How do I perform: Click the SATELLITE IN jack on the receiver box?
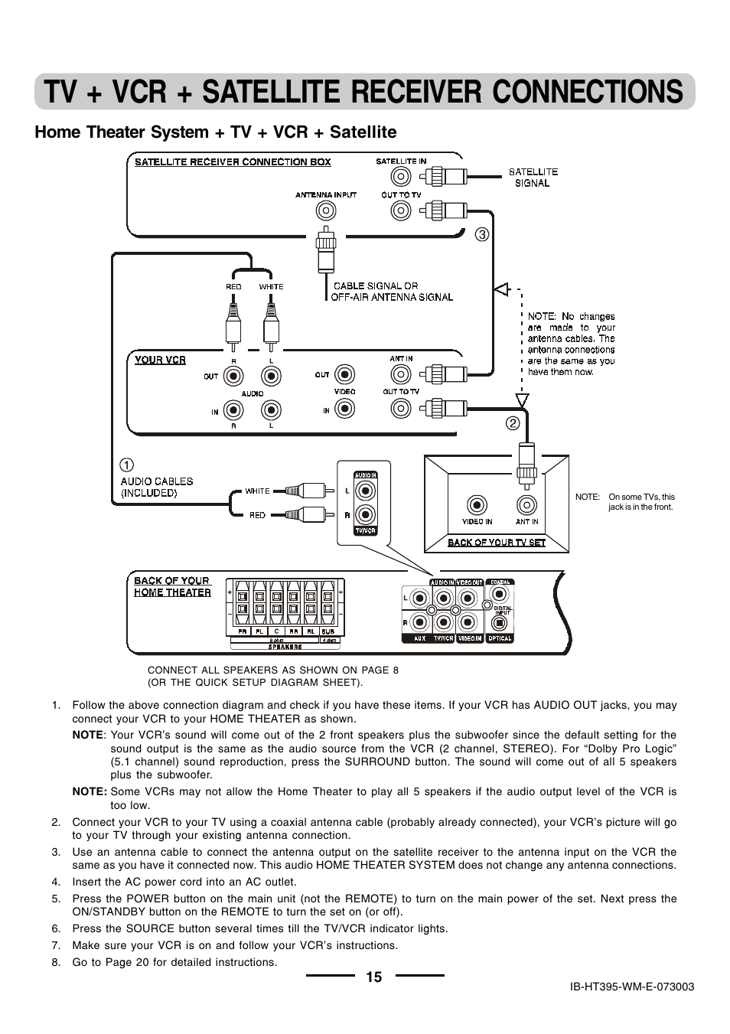[401, 177]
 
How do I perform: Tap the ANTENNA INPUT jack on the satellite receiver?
[326, 210]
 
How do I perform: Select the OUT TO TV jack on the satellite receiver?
[401, 210]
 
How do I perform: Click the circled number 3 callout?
[481, 235]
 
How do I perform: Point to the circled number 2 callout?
[513, 422]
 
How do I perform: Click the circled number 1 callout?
[127, 465]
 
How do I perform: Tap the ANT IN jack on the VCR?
[401, 374]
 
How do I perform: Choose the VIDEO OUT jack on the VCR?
[345, 374]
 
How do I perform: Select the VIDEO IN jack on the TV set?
[477, 505]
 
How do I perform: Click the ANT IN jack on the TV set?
[526, 505]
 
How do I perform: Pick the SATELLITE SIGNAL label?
[533, 178]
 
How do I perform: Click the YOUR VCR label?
[160, 360]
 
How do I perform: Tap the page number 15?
[373, 977]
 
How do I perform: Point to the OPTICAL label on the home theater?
[500, 638]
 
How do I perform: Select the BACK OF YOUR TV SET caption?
[497, 543]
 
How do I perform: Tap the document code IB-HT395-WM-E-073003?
[632, 987]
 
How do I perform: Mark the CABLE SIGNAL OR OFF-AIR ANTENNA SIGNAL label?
[392, 292]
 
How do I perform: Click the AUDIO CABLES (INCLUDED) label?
[157, 487]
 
